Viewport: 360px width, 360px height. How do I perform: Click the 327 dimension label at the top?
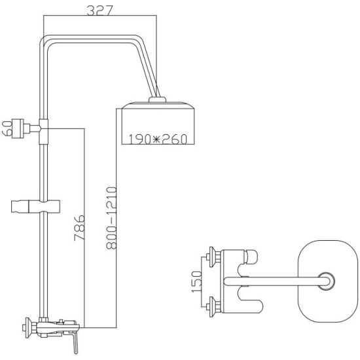(100, 10)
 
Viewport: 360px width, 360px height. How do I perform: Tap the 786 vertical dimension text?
(79, 228)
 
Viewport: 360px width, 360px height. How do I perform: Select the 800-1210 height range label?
(111, 218)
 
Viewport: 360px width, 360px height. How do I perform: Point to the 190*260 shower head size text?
(158, 139)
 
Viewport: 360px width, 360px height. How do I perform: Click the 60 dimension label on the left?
(7, 128)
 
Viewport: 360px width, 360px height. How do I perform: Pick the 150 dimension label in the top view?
(196, 281)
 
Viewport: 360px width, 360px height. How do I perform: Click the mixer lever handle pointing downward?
(75, 343)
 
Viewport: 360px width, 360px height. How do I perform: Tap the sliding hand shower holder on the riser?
(35, 206)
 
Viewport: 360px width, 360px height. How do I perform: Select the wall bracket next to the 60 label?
(21, 128)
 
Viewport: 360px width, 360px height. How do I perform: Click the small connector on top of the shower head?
(157, 99)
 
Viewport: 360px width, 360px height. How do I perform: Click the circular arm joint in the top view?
(326, 281)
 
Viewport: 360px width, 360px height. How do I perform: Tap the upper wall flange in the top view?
(211, 257)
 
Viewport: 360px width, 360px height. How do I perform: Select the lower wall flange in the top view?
(211, 307)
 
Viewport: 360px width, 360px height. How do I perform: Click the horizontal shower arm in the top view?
(276, 281)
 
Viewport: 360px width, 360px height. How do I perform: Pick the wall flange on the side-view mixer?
(28, 328)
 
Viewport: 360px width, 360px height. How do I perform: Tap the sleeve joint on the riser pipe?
(44, 132)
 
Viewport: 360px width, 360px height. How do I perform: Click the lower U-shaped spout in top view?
(250, 300)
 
